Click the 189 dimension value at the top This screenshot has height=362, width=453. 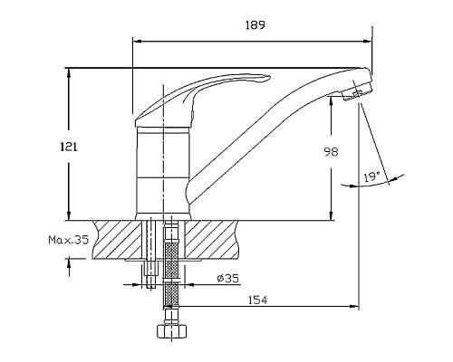[254, 27]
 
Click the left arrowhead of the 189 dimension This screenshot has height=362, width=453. [137, 39]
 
